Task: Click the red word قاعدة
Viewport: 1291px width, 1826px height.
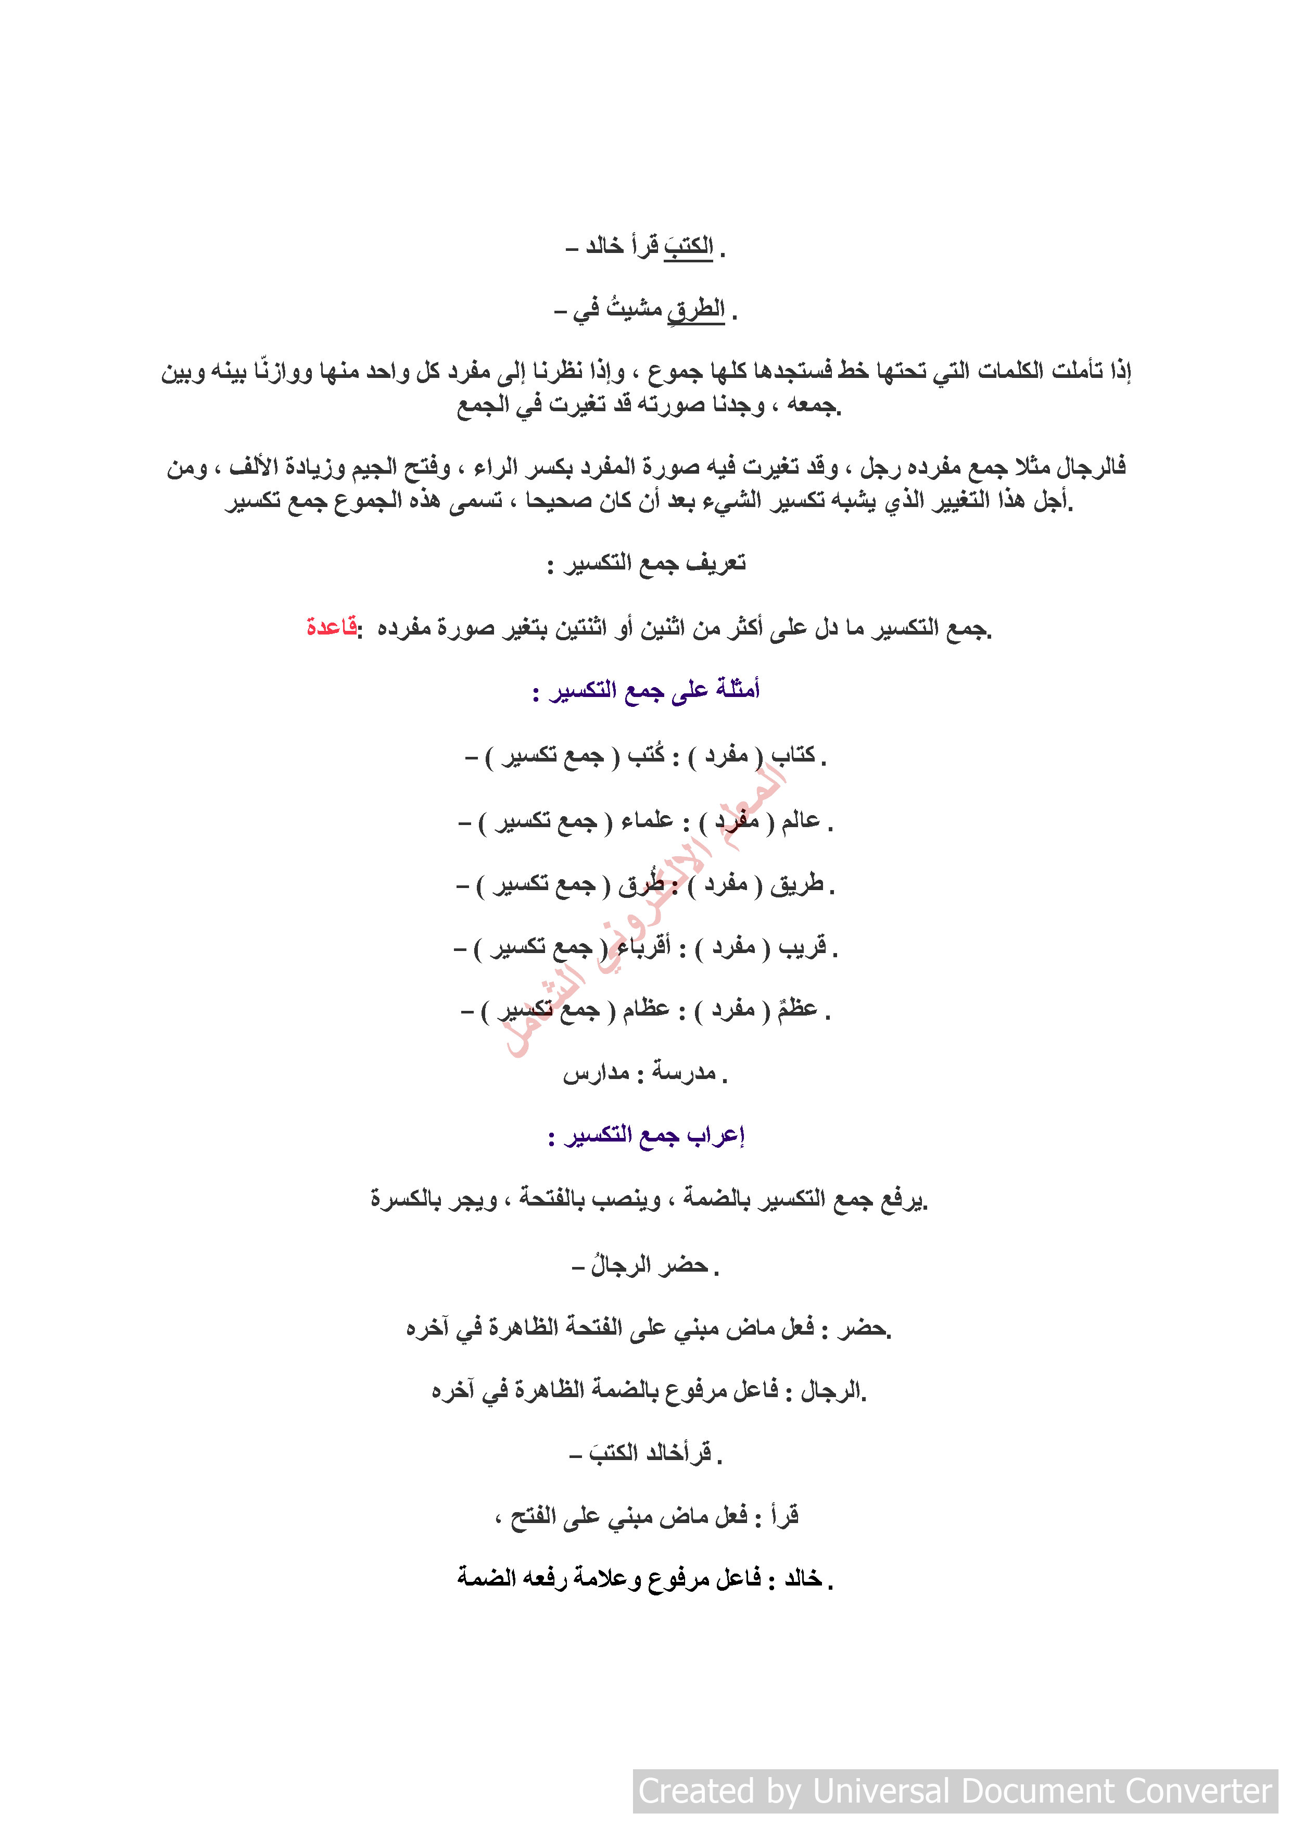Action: [x=331, y=627]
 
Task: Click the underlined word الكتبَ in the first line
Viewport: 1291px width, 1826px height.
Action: [x=689, y=247]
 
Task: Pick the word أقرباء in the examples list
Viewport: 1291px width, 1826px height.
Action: [x=644, y=947]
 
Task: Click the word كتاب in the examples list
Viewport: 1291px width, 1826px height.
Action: [x=792, y=755]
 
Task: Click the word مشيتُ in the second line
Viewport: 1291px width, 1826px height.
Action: [x=634, y=309]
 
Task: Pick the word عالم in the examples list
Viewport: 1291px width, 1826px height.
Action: [x=800, y=820]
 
